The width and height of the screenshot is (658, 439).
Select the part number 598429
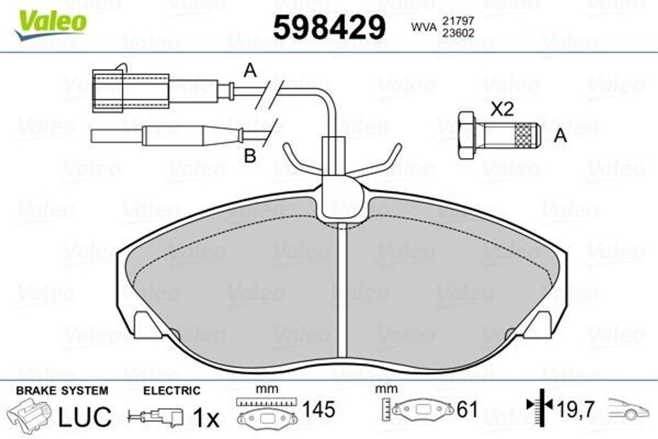pos(329,26)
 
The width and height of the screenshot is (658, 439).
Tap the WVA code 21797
pos(458,20)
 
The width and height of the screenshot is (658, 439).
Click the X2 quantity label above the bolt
pos(502,109)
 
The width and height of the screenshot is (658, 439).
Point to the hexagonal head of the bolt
pos(468,135)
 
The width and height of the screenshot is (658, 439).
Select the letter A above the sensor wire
pos(250,71)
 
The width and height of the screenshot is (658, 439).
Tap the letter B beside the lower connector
pos(250,156)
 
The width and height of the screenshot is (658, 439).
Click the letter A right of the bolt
pos(560,136)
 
